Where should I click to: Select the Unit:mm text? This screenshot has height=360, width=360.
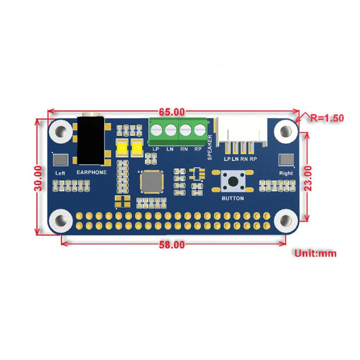pos(315,253)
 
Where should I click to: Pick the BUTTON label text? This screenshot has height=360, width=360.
pos(233,198)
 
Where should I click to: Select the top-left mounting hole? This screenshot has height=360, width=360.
pos(60,131)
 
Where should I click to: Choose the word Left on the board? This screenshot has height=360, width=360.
pos(60,173)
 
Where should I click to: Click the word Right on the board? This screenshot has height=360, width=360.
pos(286,173)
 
